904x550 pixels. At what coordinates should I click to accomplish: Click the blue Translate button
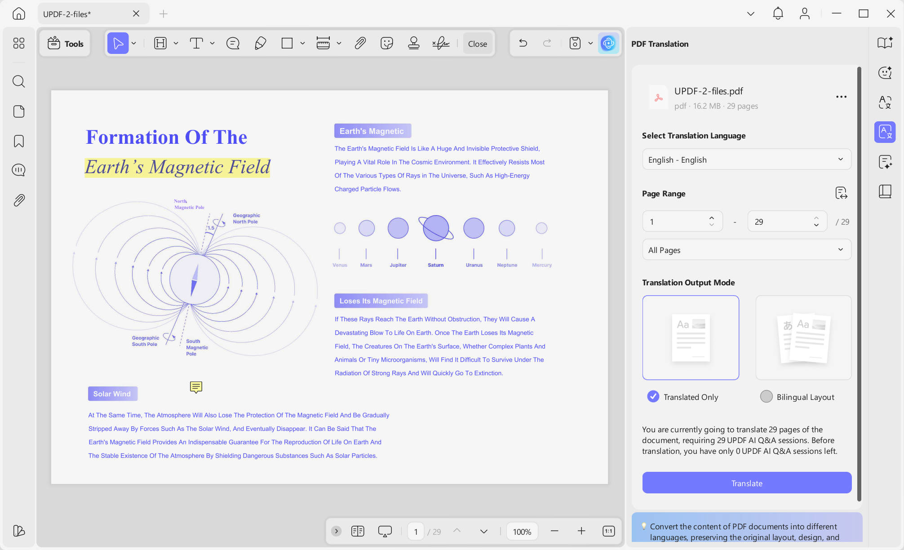click(747, 483)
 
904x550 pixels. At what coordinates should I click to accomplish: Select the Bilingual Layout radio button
click(766, 396)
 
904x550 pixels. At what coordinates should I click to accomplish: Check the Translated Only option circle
click(653, 396)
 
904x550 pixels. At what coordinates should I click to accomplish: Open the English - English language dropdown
click(747, 160)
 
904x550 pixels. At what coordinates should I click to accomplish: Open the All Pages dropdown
click(747, 250)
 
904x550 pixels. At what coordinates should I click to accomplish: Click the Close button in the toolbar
click(477, 44)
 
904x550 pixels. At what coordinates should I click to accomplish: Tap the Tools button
click(65, 44)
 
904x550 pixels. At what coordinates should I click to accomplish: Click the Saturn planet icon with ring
click(436, 228)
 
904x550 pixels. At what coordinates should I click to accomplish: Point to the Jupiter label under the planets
click(398, 265)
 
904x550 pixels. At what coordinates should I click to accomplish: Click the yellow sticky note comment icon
click(196, 387)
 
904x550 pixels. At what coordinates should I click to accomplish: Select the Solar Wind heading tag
click(112, 394)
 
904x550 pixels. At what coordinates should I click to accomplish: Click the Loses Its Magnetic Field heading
click(381, 301)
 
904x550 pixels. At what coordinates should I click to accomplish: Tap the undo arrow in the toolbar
click(523, 43)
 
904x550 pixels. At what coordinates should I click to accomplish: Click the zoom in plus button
click(581, 531)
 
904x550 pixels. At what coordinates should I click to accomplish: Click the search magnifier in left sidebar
click(19, 81)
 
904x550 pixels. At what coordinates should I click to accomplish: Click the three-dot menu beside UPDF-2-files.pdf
click(841, 97)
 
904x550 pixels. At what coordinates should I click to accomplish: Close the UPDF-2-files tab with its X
click(136, 13)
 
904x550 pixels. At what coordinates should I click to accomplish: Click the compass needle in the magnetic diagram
click(194, 279)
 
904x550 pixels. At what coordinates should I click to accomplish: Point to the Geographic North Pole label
click(246, 218)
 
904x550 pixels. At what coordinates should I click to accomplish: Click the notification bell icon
click(778, 13)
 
